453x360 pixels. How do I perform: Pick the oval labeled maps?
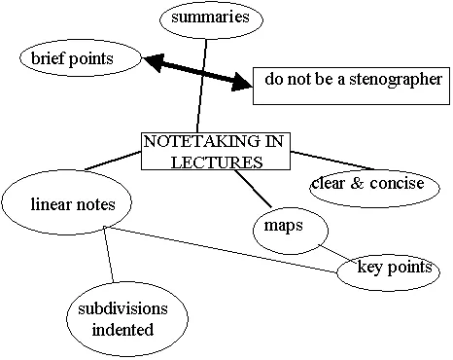point(283,227)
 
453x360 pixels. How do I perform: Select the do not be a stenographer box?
point(349,84)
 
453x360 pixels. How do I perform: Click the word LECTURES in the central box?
point(216,161)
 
